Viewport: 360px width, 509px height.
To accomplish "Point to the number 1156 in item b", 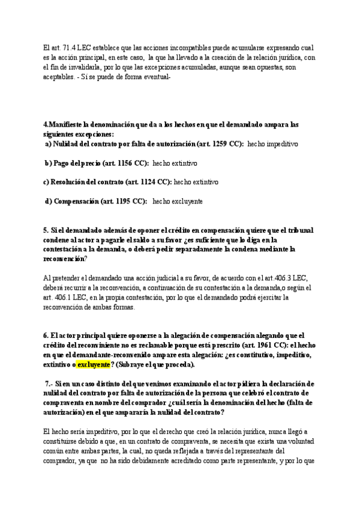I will [128, 163].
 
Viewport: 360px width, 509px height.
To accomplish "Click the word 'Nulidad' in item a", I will [67, 145].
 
